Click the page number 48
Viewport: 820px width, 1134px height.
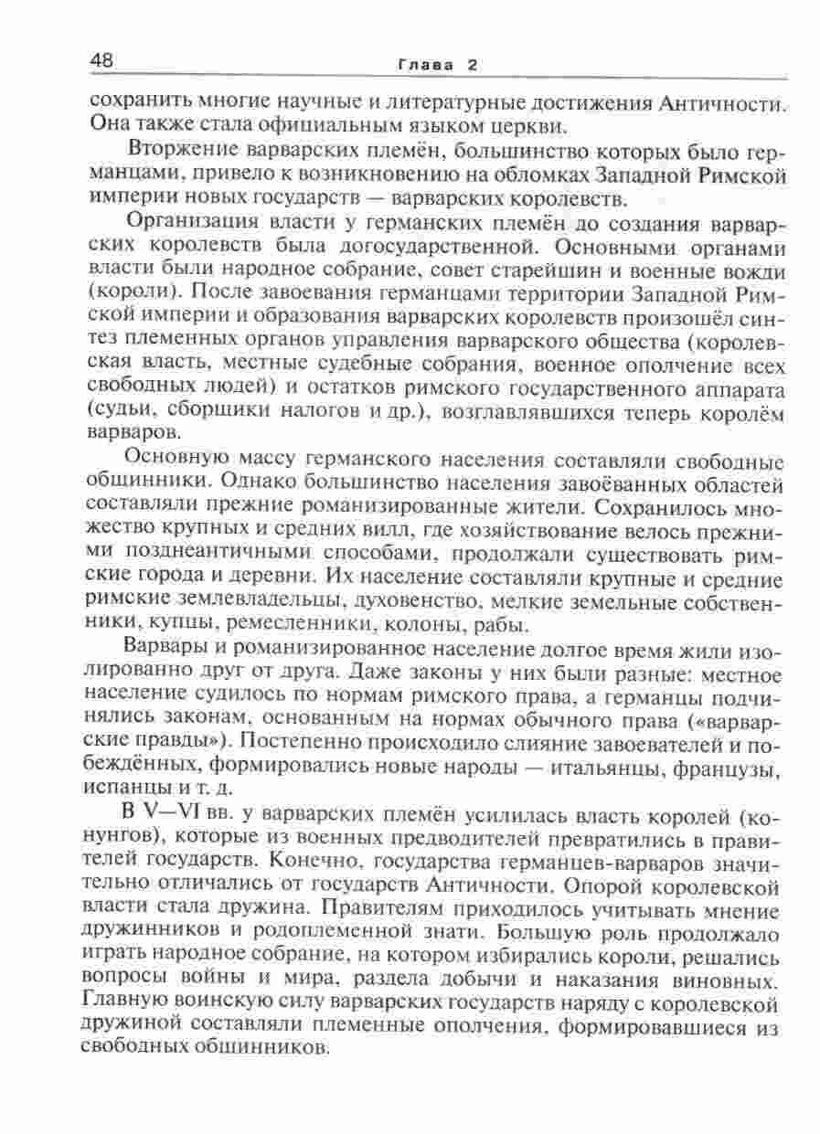(101, 61)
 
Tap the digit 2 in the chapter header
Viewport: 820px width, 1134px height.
(472, 65)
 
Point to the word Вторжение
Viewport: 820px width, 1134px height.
(185, 150)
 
